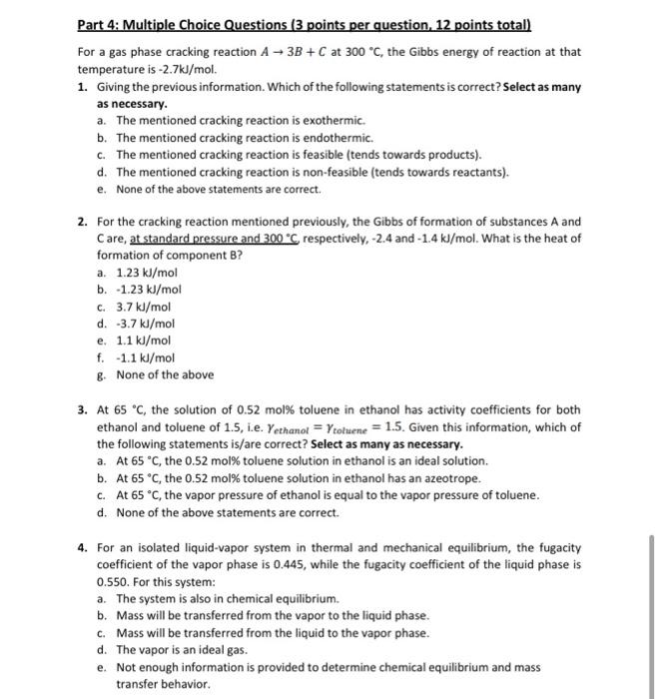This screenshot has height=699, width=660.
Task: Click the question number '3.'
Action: click(83, 410)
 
